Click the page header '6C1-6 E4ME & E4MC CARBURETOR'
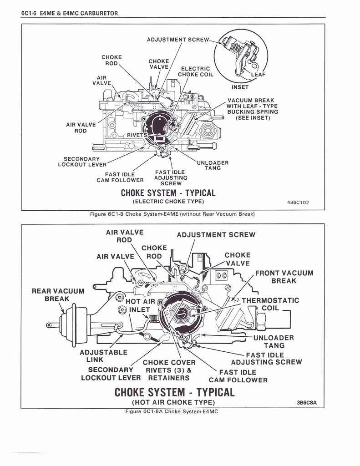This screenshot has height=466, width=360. point(70,13)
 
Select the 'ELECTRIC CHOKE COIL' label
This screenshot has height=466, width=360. point(195,71)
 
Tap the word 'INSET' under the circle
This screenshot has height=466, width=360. point(240,87)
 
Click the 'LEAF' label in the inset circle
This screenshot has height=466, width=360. point(259,75)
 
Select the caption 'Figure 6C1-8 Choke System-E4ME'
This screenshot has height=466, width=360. point(172,214)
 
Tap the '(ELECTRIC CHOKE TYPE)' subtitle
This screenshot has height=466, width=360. point(168,201)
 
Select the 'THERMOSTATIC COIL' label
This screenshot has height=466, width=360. point(270,304)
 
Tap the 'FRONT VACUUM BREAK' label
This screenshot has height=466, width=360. point(284,277)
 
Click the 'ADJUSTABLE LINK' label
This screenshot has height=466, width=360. point(103,356)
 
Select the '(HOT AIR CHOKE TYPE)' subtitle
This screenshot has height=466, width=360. point(173,402)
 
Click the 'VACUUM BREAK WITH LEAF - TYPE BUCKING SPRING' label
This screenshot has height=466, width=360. point(253,109)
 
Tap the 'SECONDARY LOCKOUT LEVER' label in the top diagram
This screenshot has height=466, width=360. point(82,162)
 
